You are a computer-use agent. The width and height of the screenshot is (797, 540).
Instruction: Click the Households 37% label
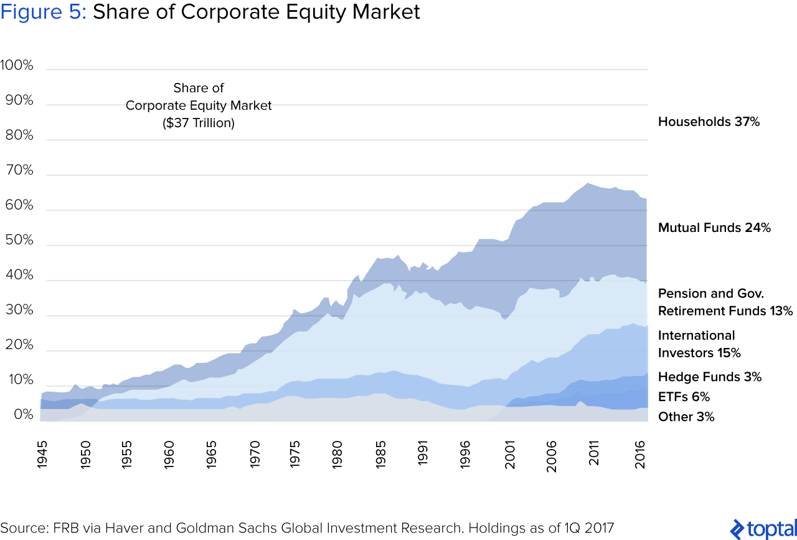coord(709,122)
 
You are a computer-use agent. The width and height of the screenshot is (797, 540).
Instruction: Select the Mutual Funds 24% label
coord(714,228)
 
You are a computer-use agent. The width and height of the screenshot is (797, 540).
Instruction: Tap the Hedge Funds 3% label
coord(709,377)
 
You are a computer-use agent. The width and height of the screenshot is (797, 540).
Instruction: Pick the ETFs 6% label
coord(684,397)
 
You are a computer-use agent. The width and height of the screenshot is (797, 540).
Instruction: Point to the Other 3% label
coord(686,417)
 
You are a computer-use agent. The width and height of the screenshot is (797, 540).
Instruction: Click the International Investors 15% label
coord(699,344)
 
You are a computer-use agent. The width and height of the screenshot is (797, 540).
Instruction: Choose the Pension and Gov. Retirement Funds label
coord(725,302)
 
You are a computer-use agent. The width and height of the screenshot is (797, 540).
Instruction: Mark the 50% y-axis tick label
coord(20,240)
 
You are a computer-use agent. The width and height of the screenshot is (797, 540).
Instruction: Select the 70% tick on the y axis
coord(20,170)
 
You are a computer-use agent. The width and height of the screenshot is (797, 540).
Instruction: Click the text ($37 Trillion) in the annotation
coord(199,123)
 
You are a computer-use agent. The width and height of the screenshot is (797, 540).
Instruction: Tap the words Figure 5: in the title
coord(44,12)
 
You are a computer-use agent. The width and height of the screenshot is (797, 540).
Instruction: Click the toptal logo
coord(762,528)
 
